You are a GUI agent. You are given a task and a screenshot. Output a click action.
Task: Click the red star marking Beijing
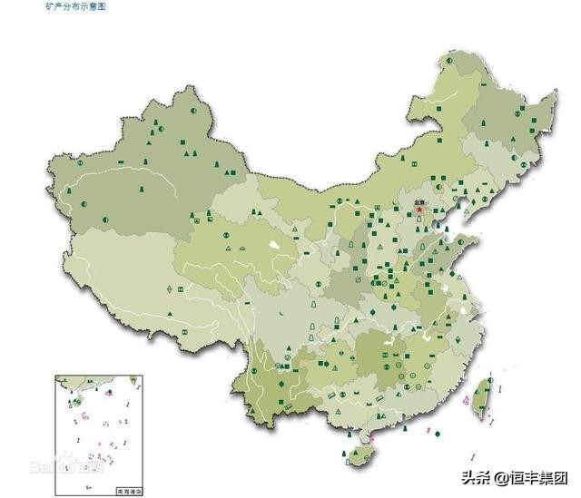(419, 210)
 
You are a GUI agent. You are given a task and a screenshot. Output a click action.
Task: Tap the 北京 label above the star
(419, 201)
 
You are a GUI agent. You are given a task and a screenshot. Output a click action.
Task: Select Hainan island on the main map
(361, 451)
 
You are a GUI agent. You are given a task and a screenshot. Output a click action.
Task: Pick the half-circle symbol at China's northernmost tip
(448, 60)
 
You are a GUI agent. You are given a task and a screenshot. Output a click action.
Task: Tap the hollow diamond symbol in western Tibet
(170, 288)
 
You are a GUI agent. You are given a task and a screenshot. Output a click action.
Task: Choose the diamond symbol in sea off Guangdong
(438, 435)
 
